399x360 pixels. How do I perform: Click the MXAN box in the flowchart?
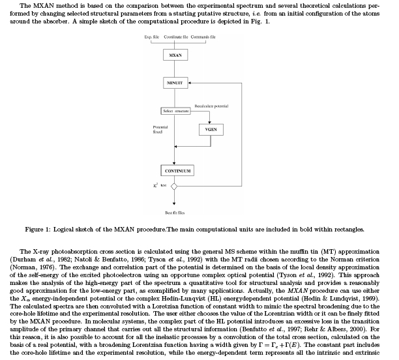click(x=175, y=56)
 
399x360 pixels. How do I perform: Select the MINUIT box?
click(x=175, y=84)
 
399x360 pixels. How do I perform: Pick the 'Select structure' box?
click(x=175, y=112)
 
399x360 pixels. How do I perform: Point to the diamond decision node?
click(x=175, y=187)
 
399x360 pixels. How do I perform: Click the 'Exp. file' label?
click(x=151, y=38)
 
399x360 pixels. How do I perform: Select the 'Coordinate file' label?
click(x=177, y=38)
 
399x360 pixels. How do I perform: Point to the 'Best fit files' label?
click(x=175, y=213)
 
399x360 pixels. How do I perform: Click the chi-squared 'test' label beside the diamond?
click(x=156, y=186)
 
